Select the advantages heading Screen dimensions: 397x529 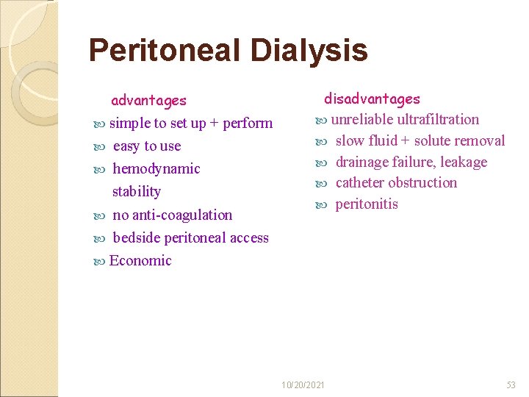tap(148, 101)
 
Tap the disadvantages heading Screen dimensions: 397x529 tap(373, 99)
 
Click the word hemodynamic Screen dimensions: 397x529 tap(156, 169)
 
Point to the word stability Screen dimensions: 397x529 tap(136, 192)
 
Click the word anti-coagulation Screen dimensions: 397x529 tap(182, 215)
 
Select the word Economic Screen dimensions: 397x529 tap(140, 261)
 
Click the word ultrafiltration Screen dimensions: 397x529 tap(438, 120)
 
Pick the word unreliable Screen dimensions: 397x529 tap(363, 120)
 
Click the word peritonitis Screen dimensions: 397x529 tap(367, 204)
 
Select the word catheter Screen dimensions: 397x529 tap(360, 183)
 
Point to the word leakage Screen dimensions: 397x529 tap(464, 162)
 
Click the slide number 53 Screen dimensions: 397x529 tap(511, 385)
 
